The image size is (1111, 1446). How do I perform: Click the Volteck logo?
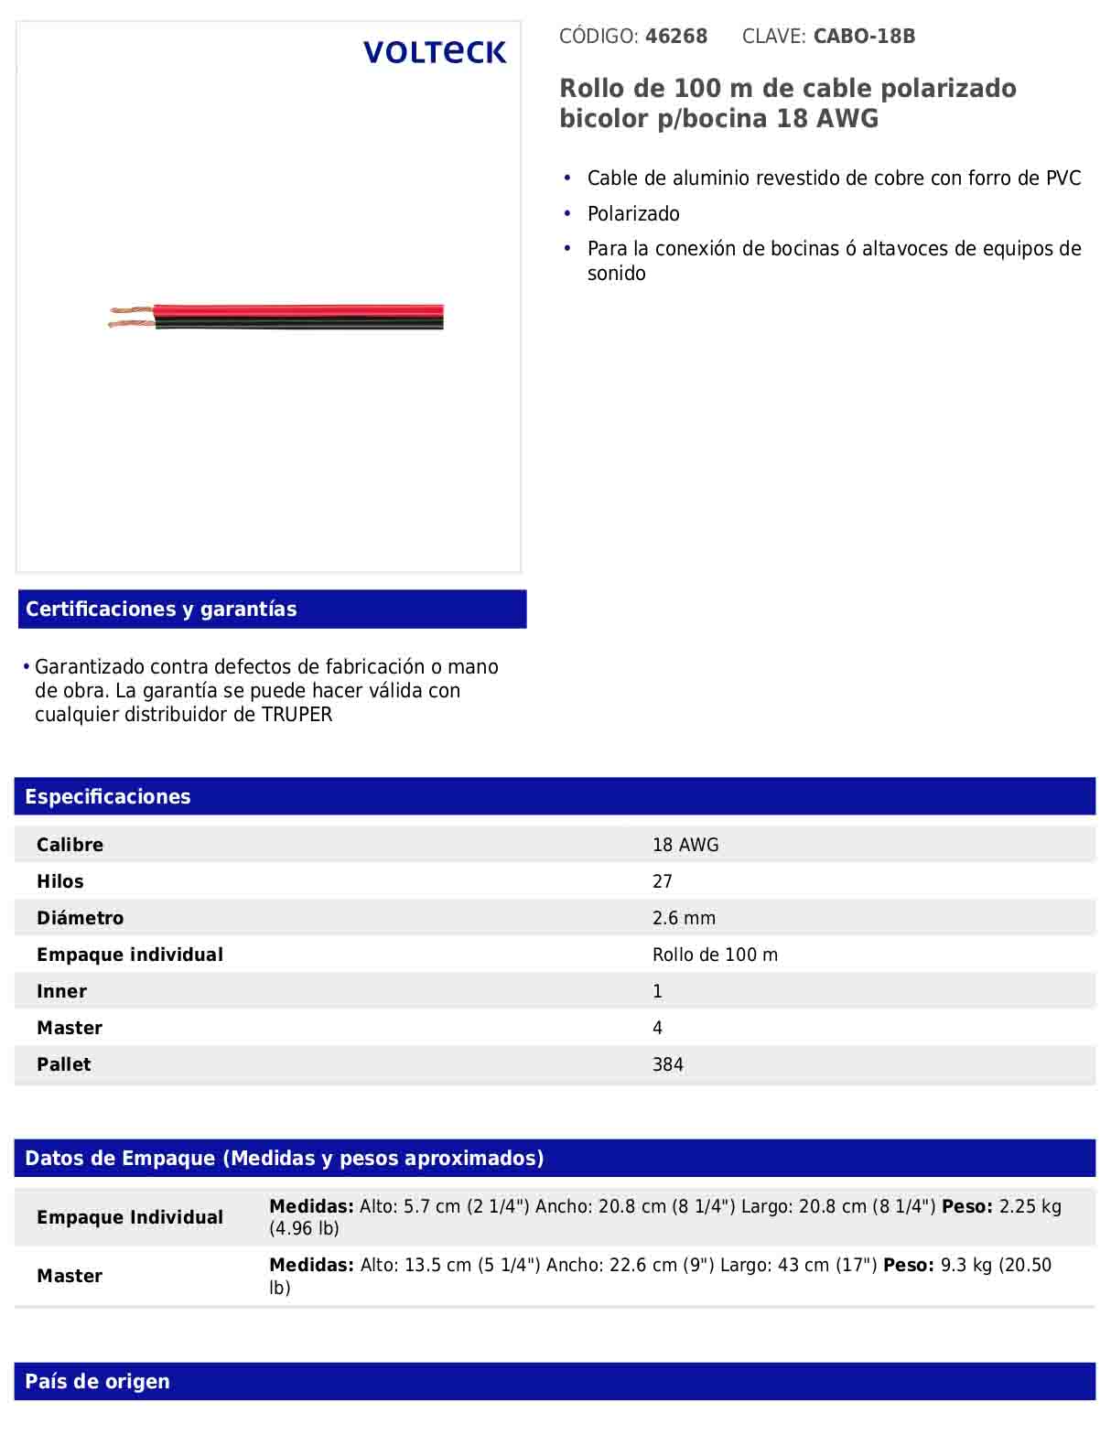[x=435, y=52]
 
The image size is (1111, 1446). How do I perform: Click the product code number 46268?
[x=676, y=37]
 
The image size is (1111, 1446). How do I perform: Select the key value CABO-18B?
[x=864, y=37]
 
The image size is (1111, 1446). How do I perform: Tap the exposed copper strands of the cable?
[x=131, y=317]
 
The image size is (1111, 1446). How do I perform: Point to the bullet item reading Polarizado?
[x=633, y=214]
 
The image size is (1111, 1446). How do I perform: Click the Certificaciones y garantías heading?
[x=161, y=610]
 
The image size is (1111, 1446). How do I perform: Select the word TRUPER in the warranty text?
[x=297, y=715]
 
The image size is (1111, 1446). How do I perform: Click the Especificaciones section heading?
[x=108, y=797]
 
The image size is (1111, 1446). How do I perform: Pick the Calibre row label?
[x=70, y=845]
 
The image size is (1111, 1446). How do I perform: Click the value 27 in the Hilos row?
[x=663, y=881]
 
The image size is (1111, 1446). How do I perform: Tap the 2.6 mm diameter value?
[x=684, y=918]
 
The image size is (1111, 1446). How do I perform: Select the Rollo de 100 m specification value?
[x=715, y=955]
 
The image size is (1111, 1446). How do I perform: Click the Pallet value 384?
[x=668, y=1064]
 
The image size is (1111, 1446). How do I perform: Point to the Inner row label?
[x=61, y=991]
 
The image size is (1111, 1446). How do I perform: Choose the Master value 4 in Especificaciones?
[x=657, y=1028]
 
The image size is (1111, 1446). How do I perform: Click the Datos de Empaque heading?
[x=285, y=1159]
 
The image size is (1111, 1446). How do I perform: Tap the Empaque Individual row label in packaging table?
[x=130, y=1217]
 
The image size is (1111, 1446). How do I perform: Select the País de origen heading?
[x=97, y=1382]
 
